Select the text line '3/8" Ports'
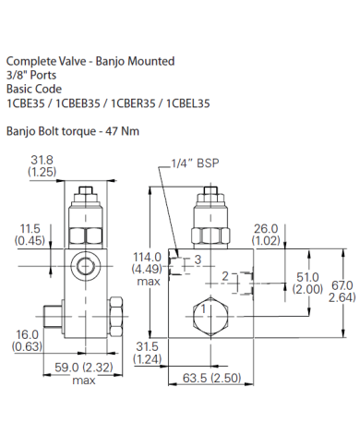[x=30, y=77]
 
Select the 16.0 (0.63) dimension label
[x=28, y=341]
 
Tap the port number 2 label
[x=224, y=276]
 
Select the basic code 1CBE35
[x=27, y=103]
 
